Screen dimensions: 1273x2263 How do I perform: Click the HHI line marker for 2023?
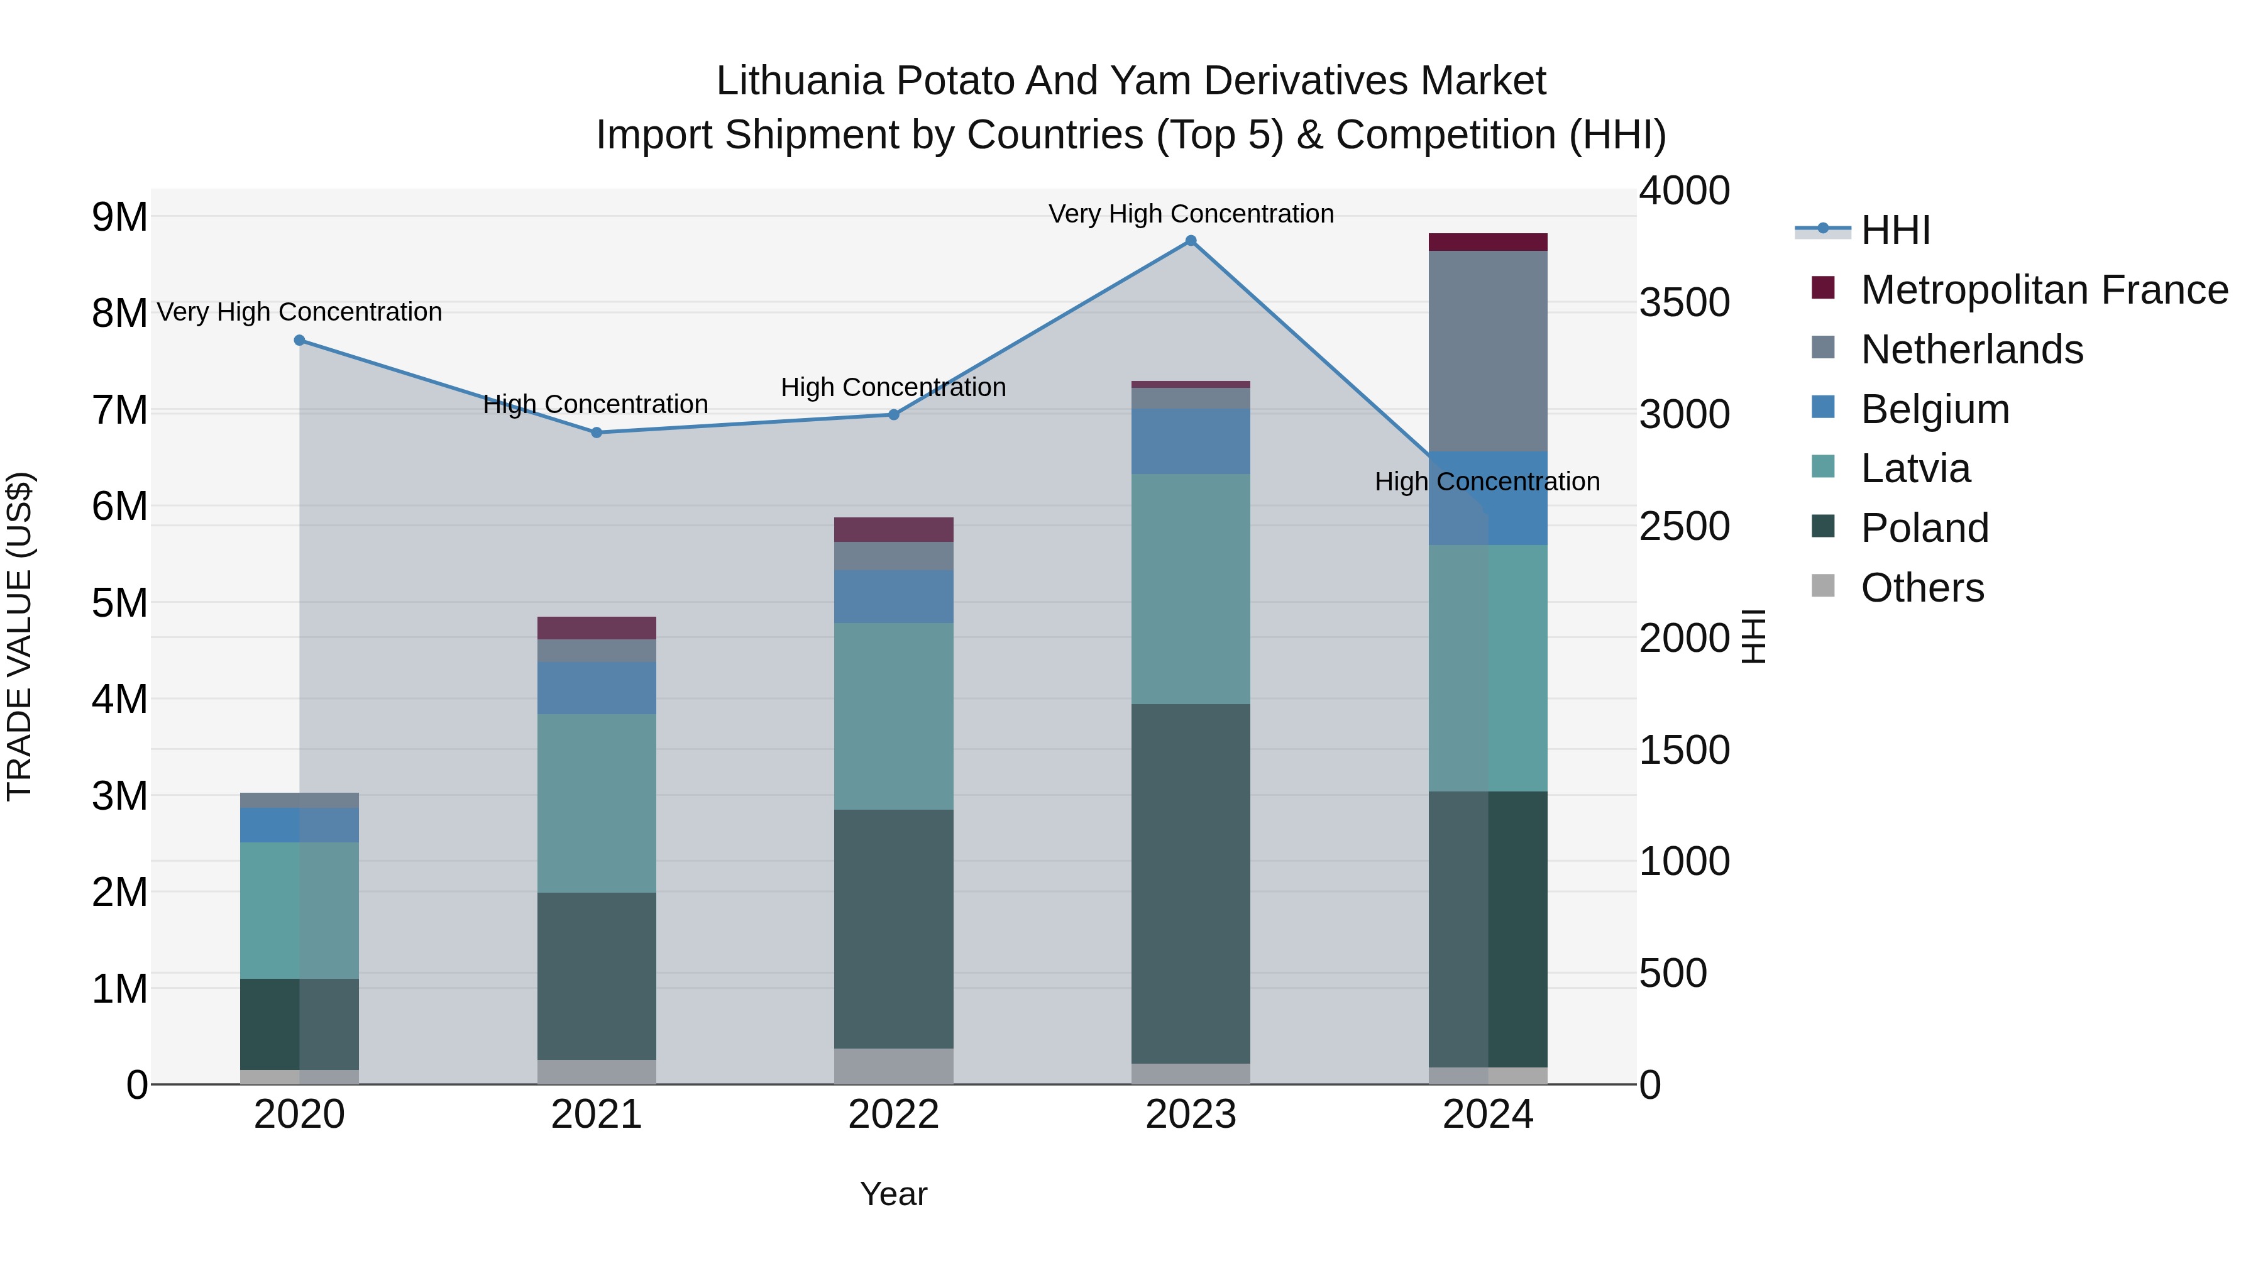click(x=1191, y=241)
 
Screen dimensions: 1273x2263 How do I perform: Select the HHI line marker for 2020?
click(x=300, y=340)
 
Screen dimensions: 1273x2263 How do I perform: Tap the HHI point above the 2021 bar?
click(x=597, y=433)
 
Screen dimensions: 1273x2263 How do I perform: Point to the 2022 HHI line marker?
click(x=893, y=415)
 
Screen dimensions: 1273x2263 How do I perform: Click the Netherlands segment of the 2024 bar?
click(x=1487, y=351)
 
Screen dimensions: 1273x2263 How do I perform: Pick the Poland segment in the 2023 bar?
click(x=1191, y=883)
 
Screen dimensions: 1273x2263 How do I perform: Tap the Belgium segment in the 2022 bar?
click(x=893, y=597)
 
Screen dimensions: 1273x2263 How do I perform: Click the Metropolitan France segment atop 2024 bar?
click(x=1487, y=243)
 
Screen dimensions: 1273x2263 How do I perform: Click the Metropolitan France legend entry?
click(x=2044, y=290)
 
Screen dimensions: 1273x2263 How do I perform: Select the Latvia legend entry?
click(x=1915, y=468)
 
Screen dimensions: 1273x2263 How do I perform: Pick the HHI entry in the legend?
click(x=1895, y=230)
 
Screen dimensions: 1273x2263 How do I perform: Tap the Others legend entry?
click(x=1922, y=588)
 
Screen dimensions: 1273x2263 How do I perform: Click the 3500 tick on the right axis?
click(x=1684, y=302)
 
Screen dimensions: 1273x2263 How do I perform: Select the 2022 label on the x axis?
click(x=893, y=1115)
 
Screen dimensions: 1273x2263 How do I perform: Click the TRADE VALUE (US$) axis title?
click(x=20, y=636)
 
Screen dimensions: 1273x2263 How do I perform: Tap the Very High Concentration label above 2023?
click(x=1191, y=214)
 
